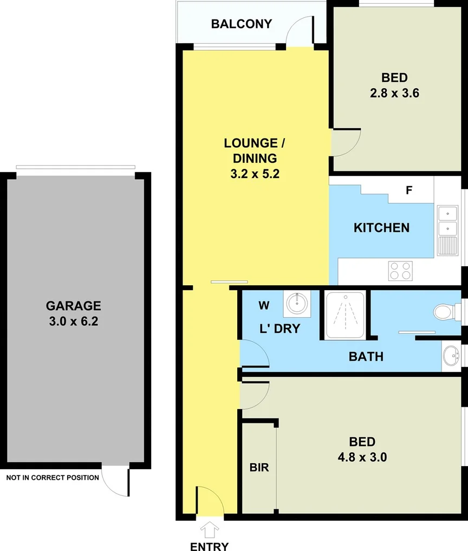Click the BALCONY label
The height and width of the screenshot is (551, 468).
[241, 24]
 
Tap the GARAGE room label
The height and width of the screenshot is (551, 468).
[73, 306]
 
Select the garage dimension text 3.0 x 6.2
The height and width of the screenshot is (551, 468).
[73, 322]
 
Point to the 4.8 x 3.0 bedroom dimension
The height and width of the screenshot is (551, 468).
[362, 457]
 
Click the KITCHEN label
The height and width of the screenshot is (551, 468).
[381, 227]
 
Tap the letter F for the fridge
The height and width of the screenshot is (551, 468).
[409, 191]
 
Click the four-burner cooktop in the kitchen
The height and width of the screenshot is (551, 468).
[401, 270]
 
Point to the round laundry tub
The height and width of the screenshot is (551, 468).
[297, 303]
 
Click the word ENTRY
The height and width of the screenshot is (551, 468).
[209, 546]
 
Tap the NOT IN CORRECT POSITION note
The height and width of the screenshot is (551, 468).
[53, 477]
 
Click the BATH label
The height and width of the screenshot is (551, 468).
[366, 356]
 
